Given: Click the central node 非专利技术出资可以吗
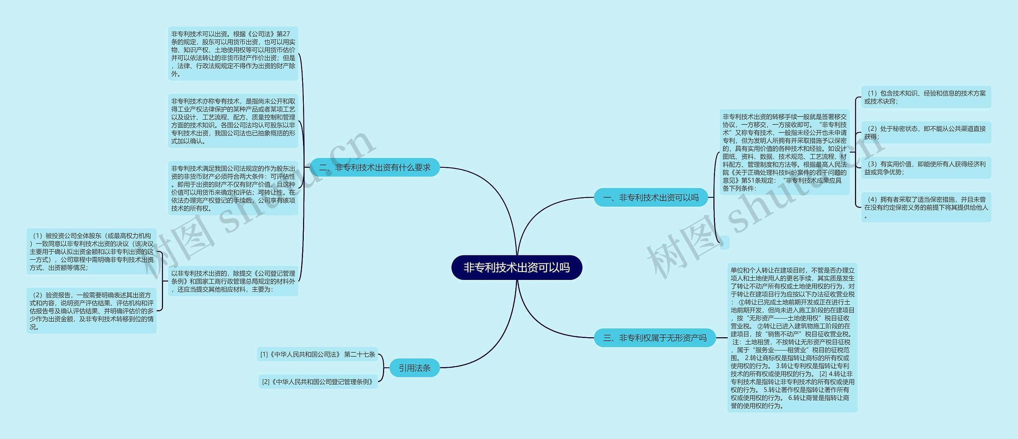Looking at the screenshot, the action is (517, 268).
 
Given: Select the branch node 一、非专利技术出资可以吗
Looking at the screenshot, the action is (651, 198).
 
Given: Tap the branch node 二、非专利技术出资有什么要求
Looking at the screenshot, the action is (375, 167).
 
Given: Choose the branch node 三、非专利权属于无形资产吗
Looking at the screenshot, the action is (655, 338).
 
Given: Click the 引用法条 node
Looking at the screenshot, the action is (414, 368).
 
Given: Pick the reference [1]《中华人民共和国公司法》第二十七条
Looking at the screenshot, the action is (317, 354).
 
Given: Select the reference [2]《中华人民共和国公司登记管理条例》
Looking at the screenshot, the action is (318, 382).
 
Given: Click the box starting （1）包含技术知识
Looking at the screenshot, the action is (926, 97).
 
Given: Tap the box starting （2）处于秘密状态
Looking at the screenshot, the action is (926, 132).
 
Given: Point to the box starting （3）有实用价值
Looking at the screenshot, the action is (926, 168).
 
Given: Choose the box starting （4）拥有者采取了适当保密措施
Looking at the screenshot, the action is (926, 207).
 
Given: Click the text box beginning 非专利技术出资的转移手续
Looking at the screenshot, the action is (784, 152).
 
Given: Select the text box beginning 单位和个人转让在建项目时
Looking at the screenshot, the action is (792, 338).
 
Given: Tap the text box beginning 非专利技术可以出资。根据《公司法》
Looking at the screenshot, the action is (233, 54).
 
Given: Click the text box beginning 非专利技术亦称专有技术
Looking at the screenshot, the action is (233, 121).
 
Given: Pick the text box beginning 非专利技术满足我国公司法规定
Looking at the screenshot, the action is (233, 188).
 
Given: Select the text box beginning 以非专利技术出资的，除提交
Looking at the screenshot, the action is (233, 281).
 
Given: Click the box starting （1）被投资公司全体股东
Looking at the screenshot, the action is (91, 251).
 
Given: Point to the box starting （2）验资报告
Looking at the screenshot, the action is (91, 311).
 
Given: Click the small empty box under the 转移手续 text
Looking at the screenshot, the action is (725, 243).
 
